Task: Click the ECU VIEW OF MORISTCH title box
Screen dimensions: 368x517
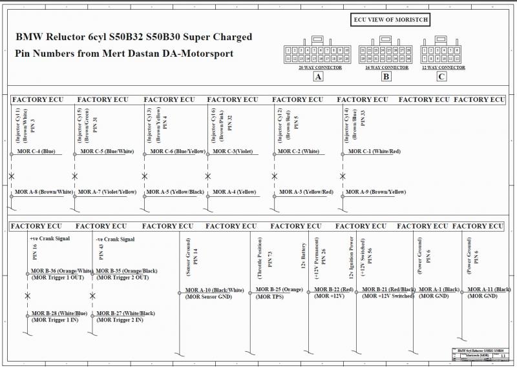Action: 390,20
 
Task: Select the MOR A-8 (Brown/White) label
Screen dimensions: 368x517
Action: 44,192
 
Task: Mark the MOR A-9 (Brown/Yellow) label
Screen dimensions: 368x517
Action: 375,192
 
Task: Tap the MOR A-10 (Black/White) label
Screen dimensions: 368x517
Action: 215,290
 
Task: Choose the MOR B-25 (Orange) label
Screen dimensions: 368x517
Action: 279,289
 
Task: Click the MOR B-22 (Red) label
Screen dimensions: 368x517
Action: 334,289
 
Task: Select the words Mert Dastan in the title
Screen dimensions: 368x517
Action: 131,53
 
